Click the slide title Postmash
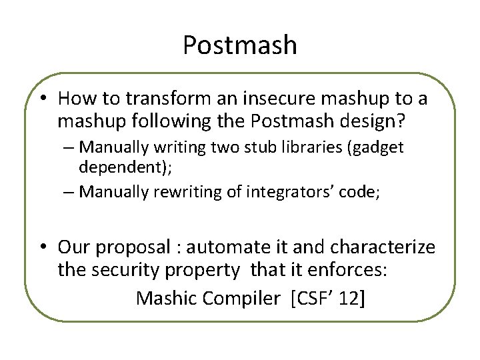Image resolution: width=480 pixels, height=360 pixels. (x=239, y=45)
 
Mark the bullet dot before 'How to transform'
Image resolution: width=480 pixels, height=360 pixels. (x=42, y=99)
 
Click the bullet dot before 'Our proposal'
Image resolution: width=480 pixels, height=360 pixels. (x=42, y=247)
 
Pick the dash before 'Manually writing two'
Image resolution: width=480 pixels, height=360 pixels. (x=70, y=147)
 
